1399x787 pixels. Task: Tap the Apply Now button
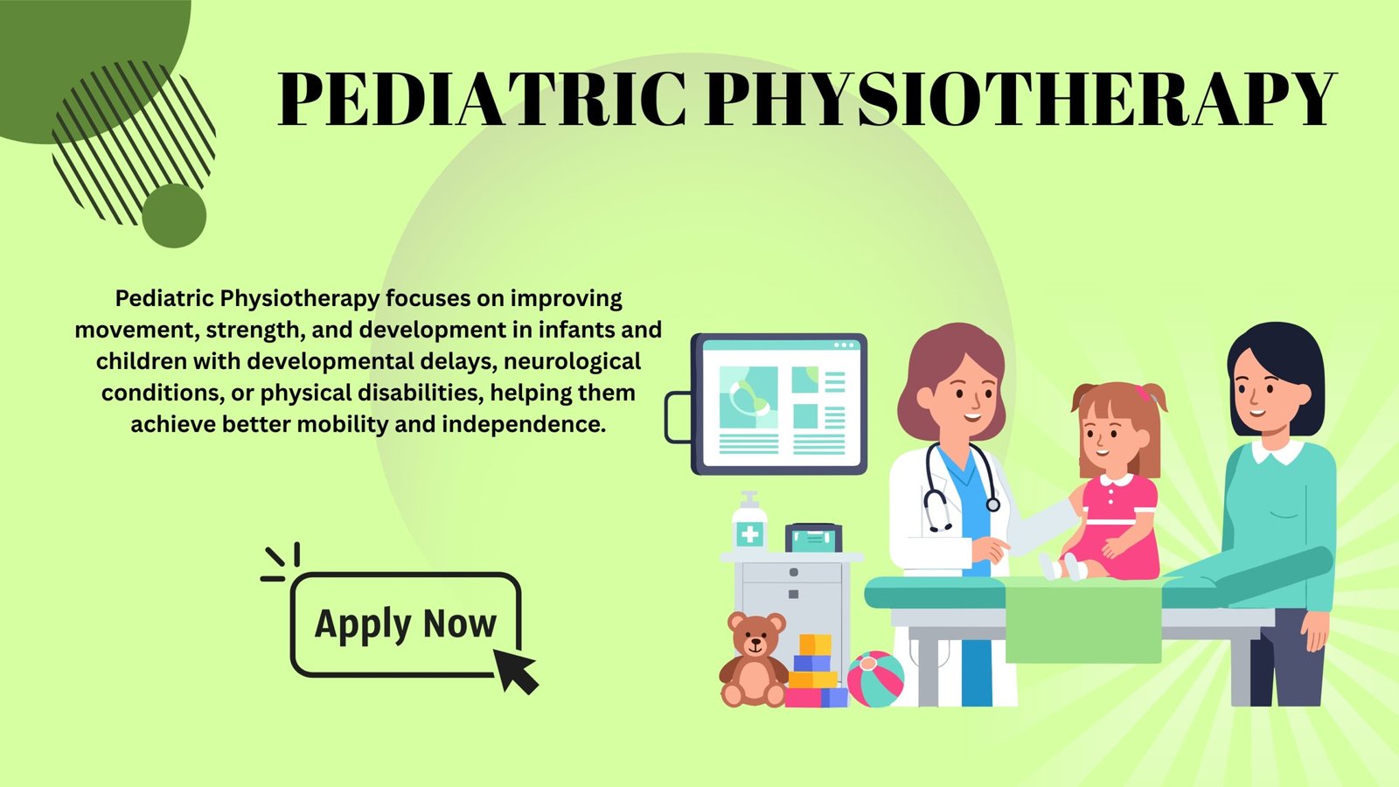click(x=406, y=624)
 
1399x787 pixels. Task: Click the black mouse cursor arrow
click(x=515, y=671)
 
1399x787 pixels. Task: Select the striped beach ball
click(x=875, y=679)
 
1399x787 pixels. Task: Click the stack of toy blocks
click(x=815, y=672)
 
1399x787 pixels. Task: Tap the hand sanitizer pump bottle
click(x=749, y=521)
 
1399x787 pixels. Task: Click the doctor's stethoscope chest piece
click(x=992, y=504)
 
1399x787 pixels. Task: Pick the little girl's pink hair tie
click(x=1143, y=393)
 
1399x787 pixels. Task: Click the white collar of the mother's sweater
click(x=1277, y=451)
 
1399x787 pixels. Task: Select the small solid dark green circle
click(x=174, y=215)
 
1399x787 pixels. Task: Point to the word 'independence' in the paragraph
click(x=524, y=425)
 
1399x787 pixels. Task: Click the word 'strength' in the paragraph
click(x=256, y=331)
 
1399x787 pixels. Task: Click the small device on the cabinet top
click(x=814, y=538)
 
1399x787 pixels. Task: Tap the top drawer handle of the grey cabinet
click(x=793, y=572)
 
